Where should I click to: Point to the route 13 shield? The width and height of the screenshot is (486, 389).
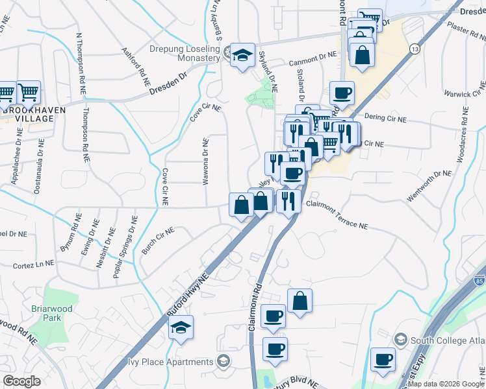(414, 49)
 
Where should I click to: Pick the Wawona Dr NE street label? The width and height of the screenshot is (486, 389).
(206, 161)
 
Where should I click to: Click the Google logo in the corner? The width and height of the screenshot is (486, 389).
(21, 381)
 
